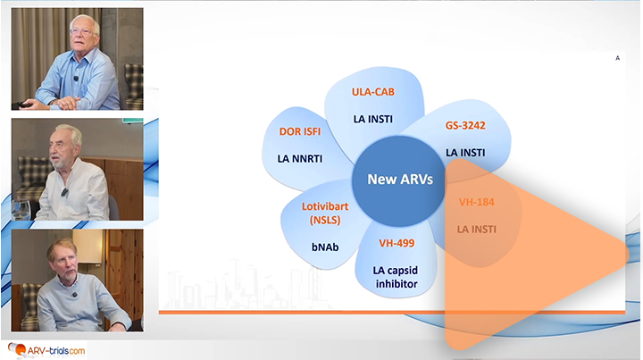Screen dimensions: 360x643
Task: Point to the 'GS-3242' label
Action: point(465,126)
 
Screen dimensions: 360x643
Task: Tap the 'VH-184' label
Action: point(476,202)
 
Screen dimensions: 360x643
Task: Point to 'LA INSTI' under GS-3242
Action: point(465,152)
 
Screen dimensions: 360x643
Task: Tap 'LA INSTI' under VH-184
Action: point(476,229)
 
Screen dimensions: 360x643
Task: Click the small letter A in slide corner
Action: point(617,58)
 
